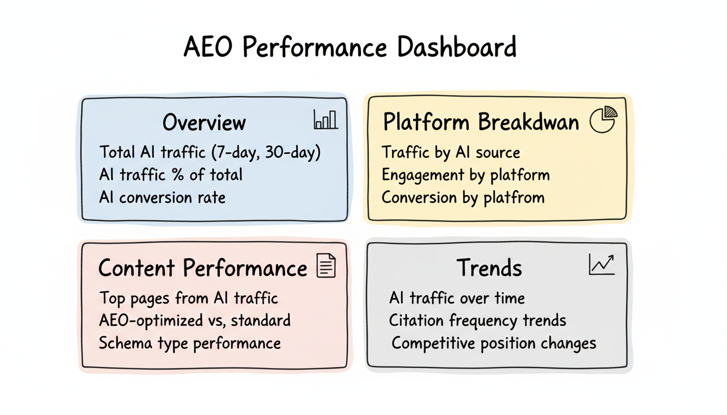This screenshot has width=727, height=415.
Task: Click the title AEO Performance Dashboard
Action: tap(350, 47)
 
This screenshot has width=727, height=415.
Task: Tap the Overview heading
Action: tap(204, 123)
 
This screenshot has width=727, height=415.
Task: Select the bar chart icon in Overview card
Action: tap(326, 119)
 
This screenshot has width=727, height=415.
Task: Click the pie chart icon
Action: tap(602, 119)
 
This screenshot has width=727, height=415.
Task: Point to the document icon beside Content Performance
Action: tap(326, 266)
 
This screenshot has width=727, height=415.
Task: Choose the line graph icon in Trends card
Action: tap(602, 265)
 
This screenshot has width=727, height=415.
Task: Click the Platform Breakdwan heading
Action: tap(480, 122)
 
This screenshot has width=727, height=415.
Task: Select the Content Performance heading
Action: tap(203, 268)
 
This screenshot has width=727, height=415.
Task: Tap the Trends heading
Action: tap(489, 268)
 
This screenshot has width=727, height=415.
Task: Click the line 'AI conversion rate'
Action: tap(162, 197)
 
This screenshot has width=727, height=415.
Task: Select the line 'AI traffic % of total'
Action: tap(171, 175)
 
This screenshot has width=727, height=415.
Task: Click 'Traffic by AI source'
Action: tap(451, 152)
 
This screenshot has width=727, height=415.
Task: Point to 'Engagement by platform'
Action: tap(466, 175)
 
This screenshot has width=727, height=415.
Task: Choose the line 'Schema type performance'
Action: tap(189, 343)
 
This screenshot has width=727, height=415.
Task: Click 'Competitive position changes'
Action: tap(493, 343)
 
